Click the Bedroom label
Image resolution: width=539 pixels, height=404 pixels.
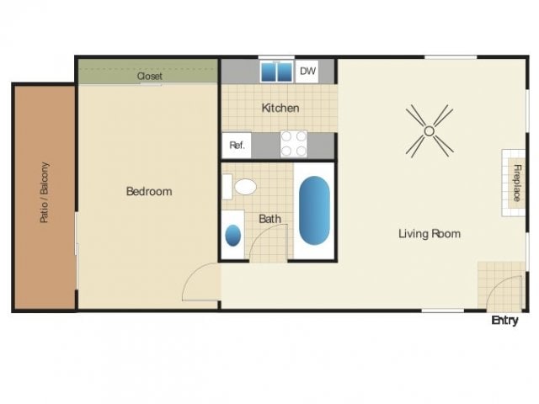(149, 191)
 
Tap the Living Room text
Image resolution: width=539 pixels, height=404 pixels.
(430, 233)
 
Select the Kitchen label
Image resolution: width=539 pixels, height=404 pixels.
(280, 108)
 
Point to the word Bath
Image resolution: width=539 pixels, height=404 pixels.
(269, 219)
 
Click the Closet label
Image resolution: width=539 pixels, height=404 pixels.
(150, 76)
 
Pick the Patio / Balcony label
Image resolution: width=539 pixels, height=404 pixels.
(44, 193)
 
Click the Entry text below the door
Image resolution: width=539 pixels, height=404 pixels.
(504, 321)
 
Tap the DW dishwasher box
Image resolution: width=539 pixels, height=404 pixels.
(308, 72)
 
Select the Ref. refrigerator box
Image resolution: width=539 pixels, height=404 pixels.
(237, 146)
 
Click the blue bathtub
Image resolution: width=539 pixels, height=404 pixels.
(313, 211)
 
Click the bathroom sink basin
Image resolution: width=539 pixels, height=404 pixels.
(233, 235)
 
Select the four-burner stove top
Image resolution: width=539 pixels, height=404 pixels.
(293, 144)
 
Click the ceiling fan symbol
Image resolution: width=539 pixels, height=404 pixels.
(429, 130)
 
